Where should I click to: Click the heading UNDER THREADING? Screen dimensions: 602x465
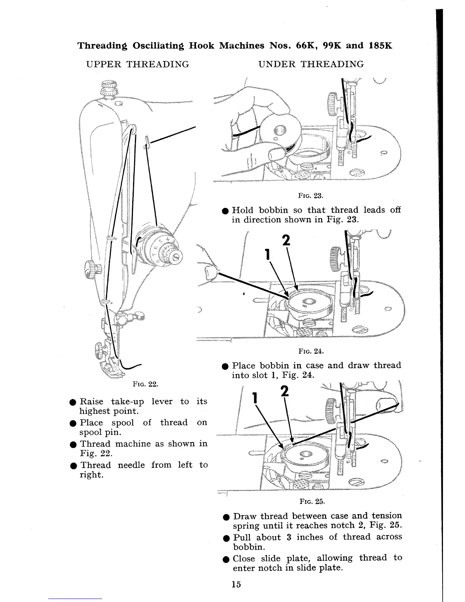[x=311, y=64]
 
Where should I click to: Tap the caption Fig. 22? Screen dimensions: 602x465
[x=146, y=384]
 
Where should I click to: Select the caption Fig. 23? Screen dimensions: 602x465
[x=311, y=196]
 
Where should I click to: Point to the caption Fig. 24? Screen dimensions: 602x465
[x=311, y=352]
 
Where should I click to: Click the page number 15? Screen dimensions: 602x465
[x=236, y=584]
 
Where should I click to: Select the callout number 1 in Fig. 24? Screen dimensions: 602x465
[x=268, y=254]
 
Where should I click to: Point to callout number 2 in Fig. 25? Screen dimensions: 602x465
[x=285, y=391]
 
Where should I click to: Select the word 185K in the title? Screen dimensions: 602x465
[x=380, y=46]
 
